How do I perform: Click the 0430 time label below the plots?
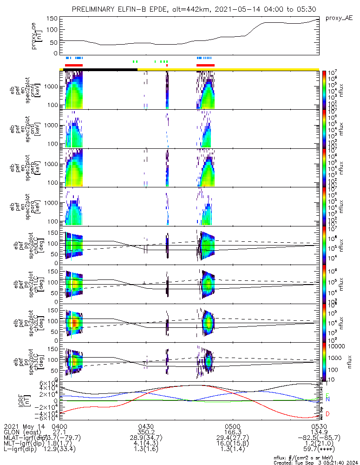(146, 426)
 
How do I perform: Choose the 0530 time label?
(319, 426)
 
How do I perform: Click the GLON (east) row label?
(22, 432)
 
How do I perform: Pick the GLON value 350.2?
(146, 432)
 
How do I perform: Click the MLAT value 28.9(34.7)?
(146, 438)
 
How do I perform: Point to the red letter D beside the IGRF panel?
(328, 414)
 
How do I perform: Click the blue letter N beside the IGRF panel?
(328, 399)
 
